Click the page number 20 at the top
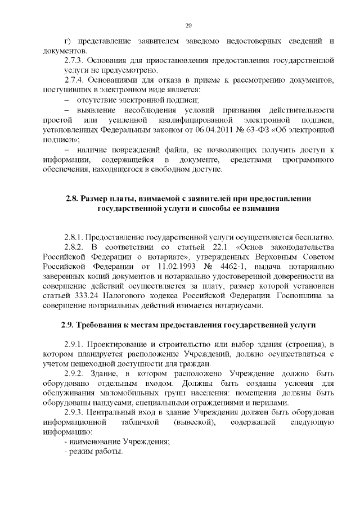(188, 25)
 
